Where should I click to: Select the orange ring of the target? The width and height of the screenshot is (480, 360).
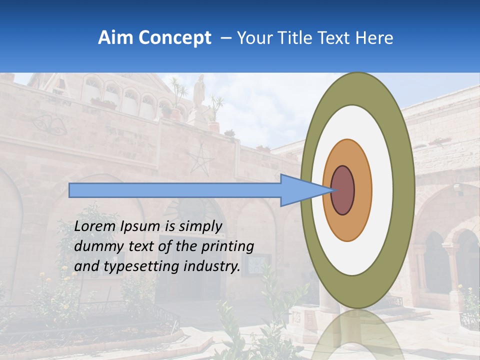click(363, 190)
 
